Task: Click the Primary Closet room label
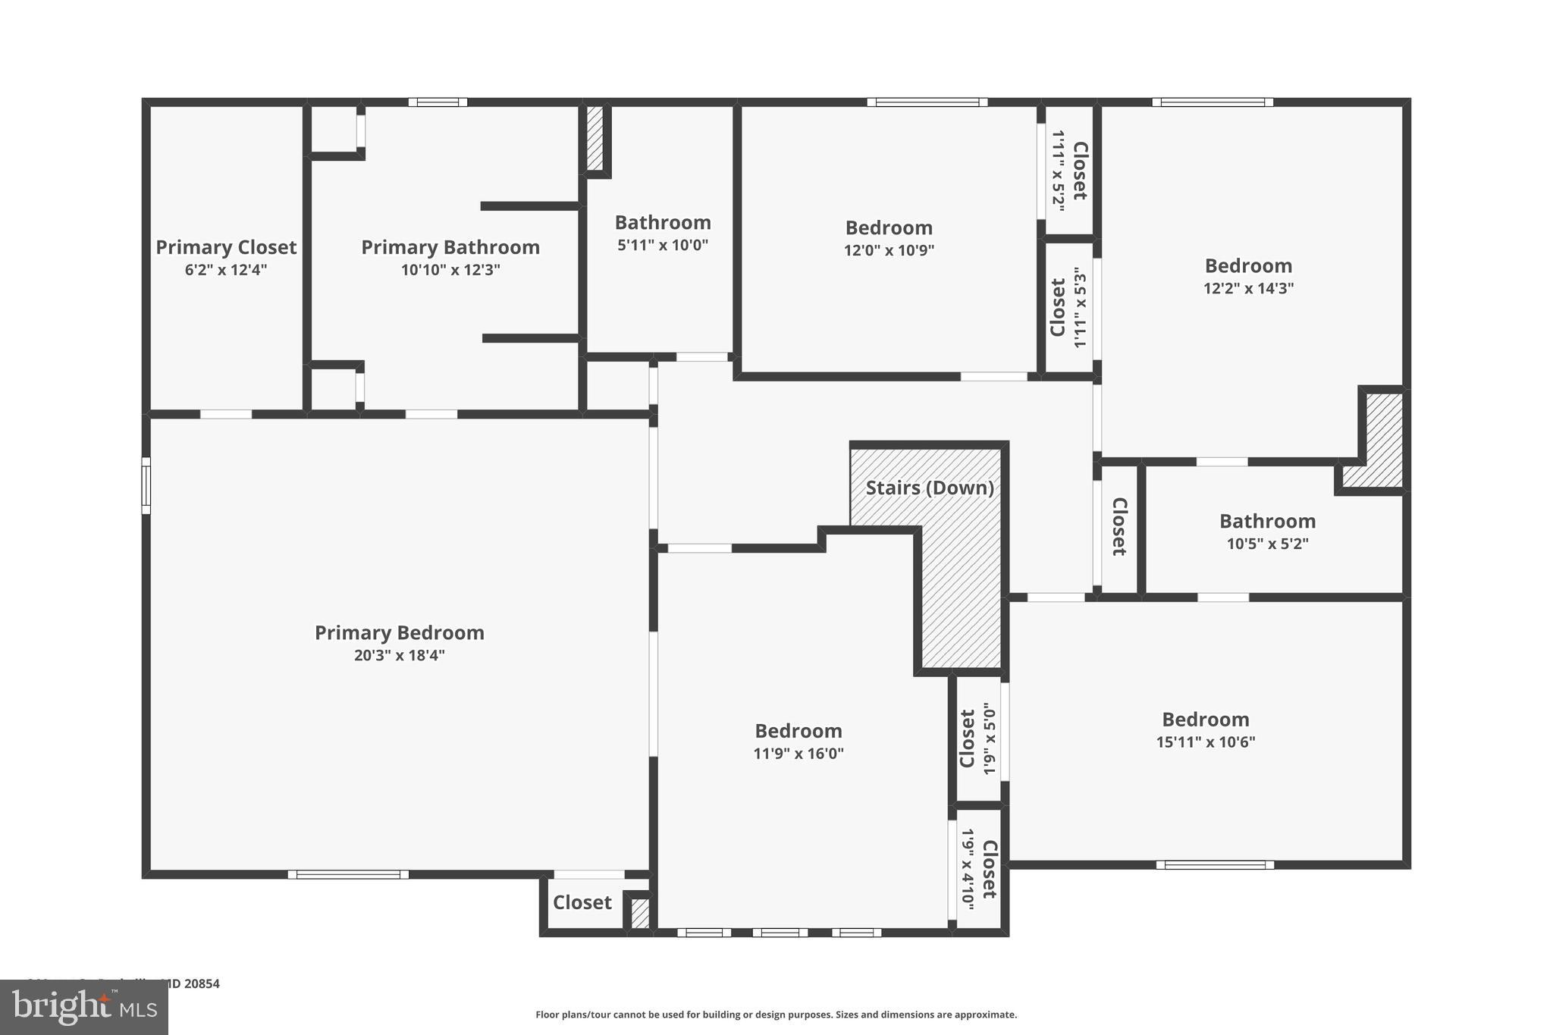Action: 226,247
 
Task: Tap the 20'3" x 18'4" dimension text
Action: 399,655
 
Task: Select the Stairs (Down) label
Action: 930,488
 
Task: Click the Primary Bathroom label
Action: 450,247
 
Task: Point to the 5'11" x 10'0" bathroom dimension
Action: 663,245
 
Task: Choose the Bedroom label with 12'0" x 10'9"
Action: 889,227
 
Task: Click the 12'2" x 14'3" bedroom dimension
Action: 1248,288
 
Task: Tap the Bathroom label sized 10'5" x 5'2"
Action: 1267,521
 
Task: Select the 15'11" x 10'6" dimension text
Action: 1205,742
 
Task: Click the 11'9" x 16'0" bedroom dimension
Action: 798,754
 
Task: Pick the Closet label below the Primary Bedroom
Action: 582,902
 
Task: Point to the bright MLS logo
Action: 84,1008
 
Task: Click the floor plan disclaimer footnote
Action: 776,1015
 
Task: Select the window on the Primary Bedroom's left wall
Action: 146,485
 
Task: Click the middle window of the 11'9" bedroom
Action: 780,933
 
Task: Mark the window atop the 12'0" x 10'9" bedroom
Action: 927,102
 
